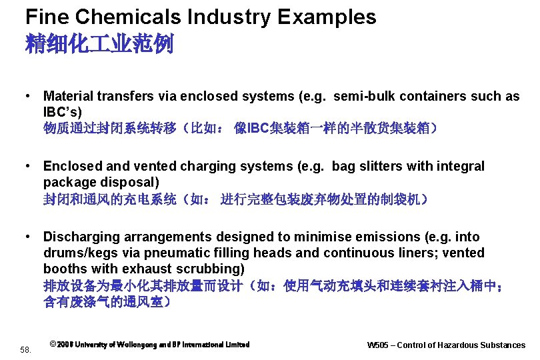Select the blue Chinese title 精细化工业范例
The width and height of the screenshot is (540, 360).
pyautogui.click(x=99, y=45)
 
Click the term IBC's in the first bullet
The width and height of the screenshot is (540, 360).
pyautogui.click(x=63, y=111)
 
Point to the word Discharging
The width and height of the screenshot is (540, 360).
pyautogui.click(x=81, y=237)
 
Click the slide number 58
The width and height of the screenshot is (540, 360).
pyautogui.click(x=25, y=349)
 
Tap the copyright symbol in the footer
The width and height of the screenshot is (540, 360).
pyautogui.click(x=53, y=345)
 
